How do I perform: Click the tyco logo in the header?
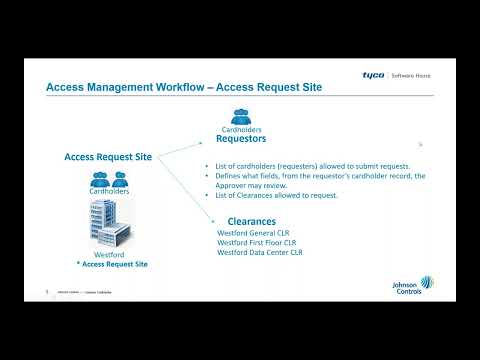tap(374, 74)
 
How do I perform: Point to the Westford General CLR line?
tap(253, 232)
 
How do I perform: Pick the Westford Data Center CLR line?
tap(260, 252)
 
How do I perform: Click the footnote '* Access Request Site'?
tap(111, 264)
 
